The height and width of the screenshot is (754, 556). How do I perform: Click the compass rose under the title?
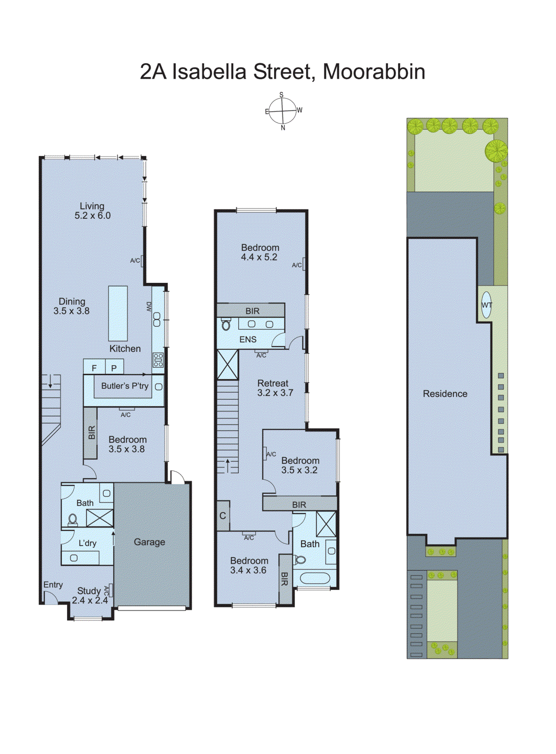282,111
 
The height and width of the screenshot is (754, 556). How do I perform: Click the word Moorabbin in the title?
374,72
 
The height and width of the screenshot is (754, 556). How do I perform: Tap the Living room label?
92,211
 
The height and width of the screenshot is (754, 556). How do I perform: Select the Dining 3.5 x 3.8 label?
72,306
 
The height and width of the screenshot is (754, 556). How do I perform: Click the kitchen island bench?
118,313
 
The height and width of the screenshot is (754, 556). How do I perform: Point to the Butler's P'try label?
124,386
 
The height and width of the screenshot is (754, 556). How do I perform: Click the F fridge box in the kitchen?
94,368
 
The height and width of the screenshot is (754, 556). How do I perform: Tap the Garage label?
149,542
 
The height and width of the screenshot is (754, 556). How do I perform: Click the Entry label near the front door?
53,585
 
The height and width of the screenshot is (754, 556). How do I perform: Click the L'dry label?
87,543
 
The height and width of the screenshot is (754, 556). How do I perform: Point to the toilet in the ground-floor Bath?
73,519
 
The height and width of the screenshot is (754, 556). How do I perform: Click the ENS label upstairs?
248,339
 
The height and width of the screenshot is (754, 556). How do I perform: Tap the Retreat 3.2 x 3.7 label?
274,388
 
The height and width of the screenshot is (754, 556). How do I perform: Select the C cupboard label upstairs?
223,516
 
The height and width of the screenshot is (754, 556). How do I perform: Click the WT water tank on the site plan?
486,305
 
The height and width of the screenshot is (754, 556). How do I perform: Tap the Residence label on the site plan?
445,393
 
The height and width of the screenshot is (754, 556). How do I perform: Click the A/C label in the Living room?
135,261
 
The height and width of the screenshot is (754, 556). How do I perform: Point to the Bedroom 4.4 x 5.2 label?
260,252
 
